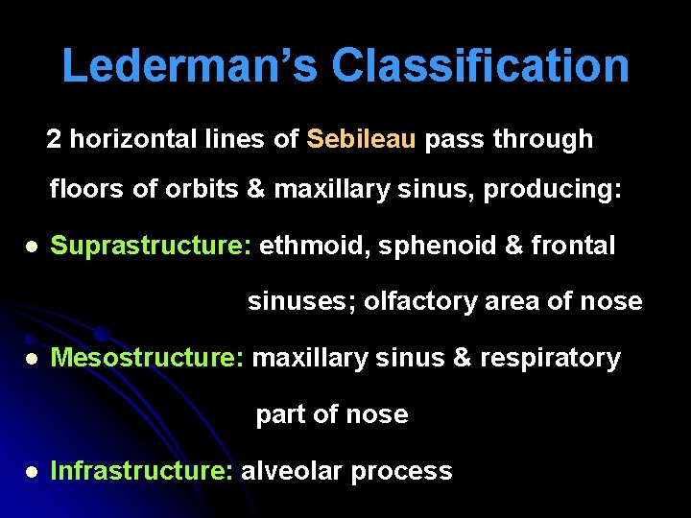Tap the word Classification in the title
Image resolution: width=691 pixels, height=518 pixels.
[481, 66]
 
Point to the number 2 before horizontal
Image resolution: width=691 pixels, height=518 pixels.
[54, 140]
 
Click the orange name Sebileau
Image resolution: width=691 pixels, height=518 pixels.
[362, 140]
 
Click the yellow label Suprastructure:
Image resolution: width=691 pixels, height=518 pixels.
[151, 247]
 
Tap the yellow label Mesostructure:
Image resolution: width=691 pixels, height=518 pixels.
[148, 359]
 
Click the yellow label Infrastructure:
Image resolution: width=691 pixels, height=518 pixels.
[141, 471]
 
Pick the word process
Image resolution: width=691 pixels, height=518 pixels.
[402, 472]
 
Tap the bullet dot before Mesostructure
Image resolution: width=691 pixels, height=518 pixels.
[32, 360]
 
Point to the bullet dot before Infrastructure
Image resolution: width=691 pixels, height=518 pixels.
[32, 472]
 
